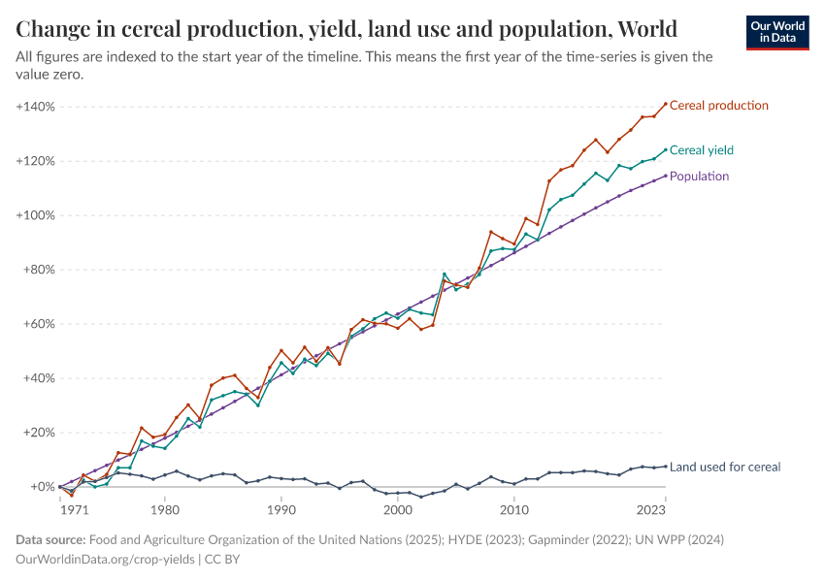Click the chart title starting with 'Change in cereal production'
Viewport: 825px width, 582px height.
(346, 27)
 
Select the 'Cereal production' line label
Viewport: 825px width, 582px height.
(718, 106)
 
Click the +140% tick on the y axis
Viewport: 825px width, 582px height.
(35, 106)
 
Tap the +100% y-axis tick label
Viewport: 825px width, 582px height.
(35, 215)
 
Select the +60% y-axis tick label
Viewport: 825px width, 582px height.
(38, 324)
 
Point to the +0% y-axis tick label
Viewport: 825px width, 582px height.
(42, 487)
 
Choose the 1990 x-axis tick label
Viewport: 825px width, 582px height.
(281, 509)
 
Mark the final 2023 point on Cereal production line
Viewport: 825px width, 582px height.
(665, 104)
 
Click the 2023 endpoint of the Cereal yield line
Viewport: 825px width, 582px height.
(665, 150)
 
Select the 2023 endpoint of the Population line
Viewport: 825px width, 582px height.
(665, 176)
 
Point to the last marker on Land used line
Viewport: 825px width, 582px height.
(665, 466)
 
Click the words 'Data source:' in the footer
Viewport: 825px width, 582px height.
(50, 539)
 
